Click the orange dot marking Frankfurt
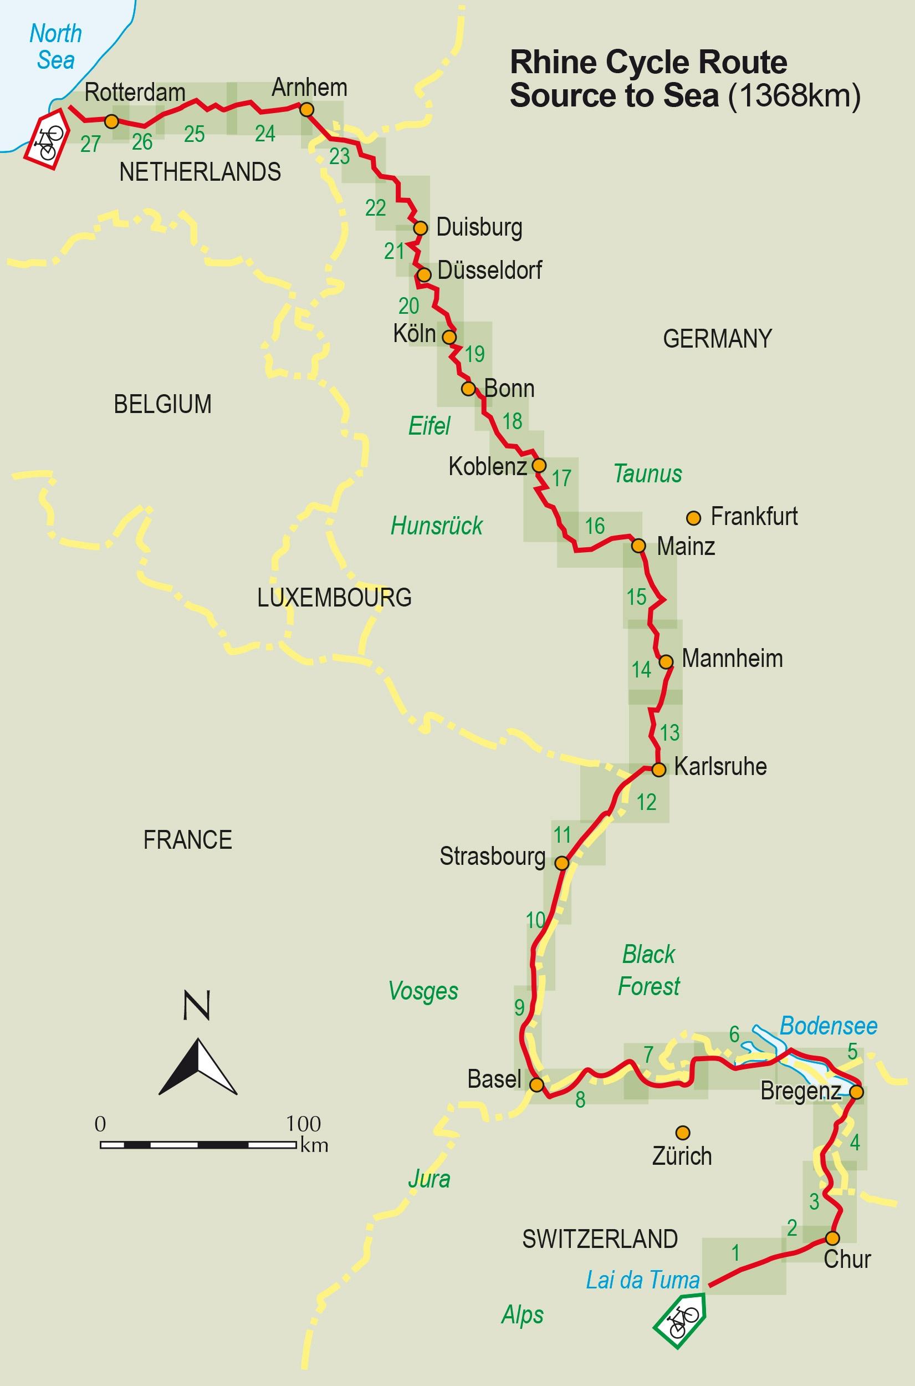pos(693,518)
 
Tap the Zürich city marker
pos(683,1133)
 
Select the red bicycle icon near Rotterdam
pos(47,140)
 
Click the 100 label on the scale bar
pos(304,1123)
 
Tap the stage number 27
pos(90,144)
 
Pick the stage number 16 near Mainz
pos(595,526)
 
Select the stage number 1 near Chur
pos(735,1252)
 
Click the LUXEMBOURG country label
pos(334,598)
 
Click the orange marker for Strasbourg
pos(561,863)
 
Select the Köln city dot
pos(449,337)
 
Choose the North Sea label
pos(55,47)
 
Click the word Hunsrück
pos(437,526)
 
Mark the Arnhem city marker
pos(306,109)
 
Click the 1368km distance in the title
pos(794,96)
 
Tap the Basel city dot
pos(536,1084)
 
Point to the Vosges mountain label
pos(423,990)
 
